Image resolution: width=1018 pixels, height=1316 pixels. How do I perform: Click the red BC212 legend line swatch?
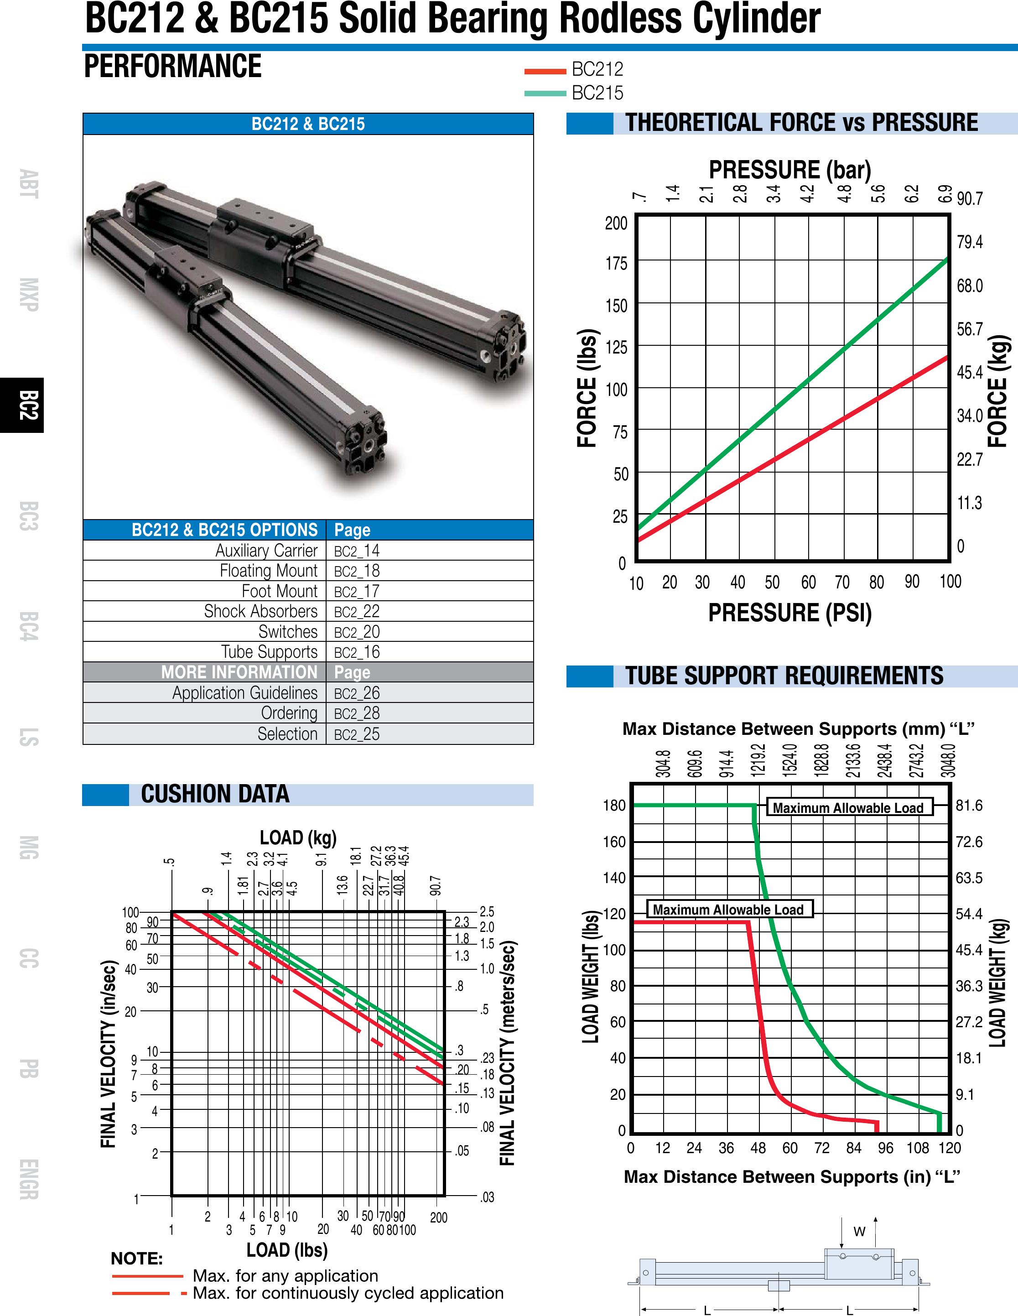pos(545,71)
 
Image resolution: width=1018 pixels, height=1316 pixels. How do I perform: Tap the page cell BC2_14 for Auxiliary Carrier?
pos(357,551)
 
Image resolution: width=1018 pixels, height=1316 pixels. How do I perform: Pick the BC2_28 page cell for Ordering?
pos(357,713)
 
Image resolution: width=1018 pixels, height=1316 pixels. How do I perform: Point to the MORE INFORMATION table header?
pos(239,672)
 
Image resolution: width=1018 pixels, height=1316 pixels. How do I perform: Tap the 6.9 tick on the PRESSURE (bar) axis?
pos(945,193)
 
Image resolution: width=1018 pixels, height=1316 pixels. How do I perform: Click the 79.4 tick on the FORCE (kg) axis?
pos(969,242)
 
